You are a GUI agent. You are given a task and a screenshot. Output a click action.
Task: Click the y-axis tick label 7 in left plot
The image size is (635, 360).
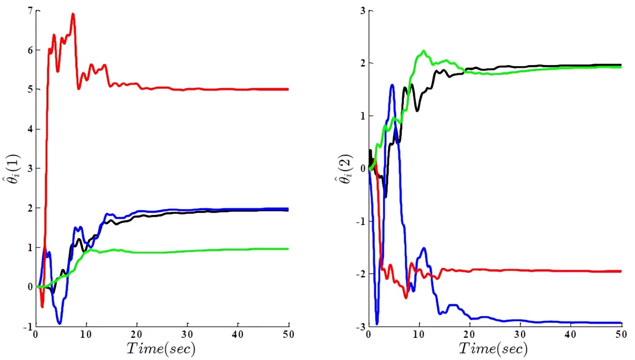(x=30, y=11)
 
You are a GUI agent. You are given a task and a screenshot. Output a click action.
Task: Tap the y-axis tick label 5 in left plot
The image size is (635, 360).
(x=30, y=90)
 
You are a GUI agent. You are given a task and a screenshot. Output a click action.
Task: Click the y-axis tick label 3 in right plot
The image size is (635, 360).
(x=363, y=11)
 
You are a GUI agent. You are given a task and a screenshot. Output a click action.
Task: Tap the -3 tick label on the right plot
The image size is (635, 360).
(x=360, y=327)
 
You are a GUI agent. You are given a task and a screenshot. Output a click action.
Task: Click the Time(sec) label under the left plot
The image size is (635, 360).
(x=160, y=348)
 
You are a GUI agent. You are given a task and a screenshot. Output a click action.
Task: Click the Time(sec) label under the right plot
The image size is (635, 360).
(x=493, y=348)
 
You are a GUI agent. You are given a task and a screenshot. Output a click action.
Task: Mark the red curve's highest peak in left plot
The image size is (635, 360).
(x=73, y=14)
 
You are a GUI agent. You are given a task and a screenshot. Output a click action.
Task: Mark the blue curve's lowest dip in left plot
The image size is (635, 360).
(x=59, y=323)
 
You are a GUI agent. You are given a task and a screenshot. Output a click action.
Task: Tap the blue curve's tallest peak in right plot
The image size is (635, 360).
(x=392, y=85)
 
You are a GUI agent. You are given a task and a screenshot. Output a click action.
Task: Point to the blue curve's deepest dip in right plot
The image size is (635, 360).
(x=377, y=324)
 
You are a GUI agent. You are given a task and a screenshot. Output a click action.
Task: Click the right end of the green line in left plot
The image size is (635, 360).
(x=288, y=249)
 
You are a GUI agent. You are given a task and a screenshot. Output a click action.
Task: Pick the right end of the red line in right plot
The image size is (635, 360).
(x=621, y=271)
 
